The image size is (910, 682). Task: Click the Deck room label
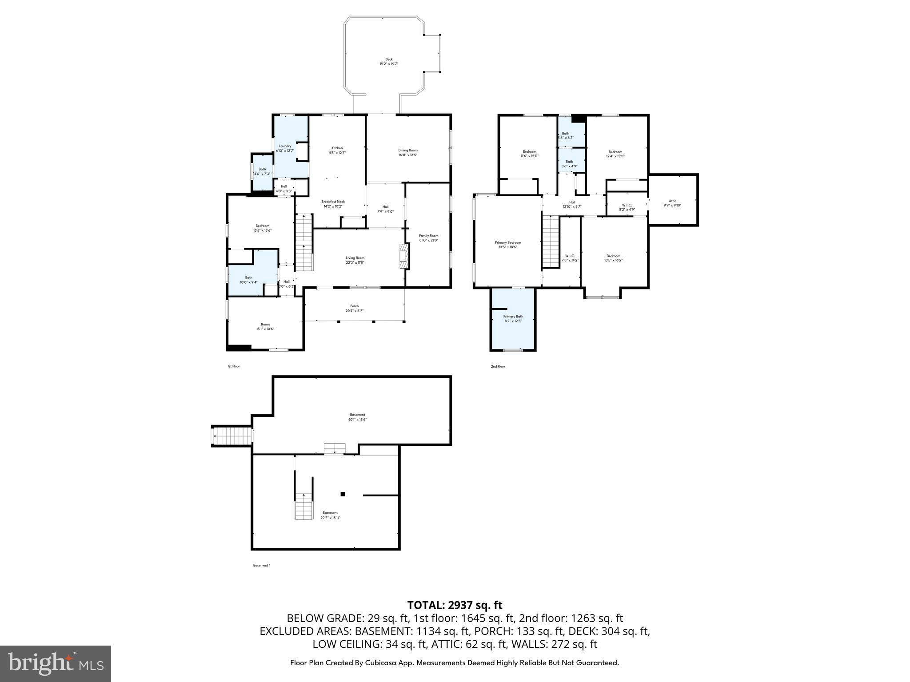point(389,61)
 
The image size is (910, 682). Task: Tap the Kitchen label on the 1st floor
point(337,150)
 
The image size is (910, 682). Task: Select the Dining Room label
point(407,152)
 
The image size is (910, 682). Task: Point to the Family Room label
point(428,238)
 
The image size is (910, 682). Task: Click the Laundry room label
point(285,148)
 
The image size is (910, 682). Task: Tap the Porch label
point(354,308)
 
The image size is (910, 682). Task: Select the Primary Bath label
point(513,318)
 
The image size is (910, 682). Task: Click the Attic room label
point(672,203)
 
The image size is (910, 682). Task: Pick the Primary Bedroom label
point(507,245)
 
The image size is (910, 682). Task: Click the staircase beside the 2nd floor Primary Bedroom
point(550,242)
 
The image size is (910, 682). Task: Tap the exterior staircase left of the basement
point(232,436)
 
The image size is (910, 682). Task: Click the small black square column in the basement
point(343,494)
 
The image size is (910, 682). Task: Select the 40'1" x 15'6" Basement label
point(357,417)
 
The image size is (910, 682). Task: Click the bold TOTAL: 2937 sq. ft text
point(455,605)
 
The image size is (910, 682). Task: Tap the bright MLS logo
point(56,663)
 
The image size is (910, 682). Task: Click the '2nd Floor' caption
point(498,366)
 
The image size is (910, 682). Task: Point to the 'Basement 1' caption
point(261,565)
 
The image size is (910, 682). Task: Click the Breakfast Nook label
point(333,204)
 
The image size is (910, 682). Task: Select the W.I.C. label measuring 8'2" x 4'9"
point(627,207)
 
